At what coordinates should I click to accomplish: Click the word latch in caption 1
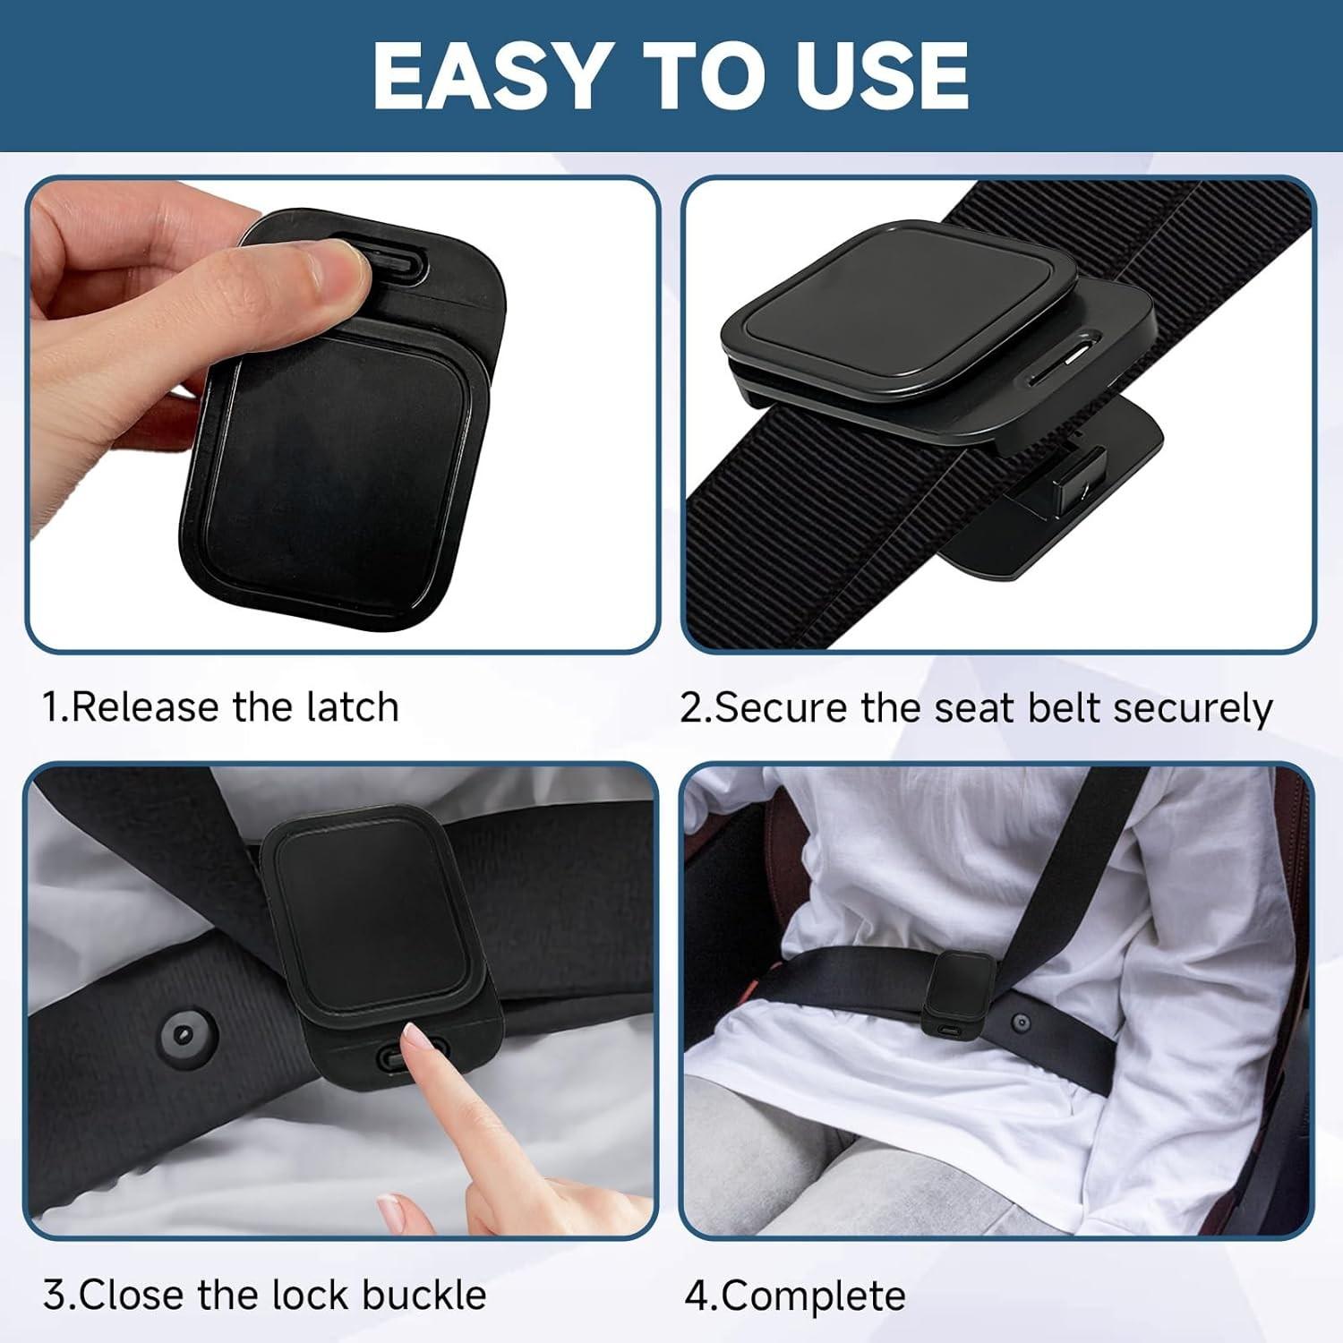tap(352, 707)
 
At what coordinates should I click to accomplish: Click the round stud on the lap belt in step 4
tap(1022, 1022)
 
